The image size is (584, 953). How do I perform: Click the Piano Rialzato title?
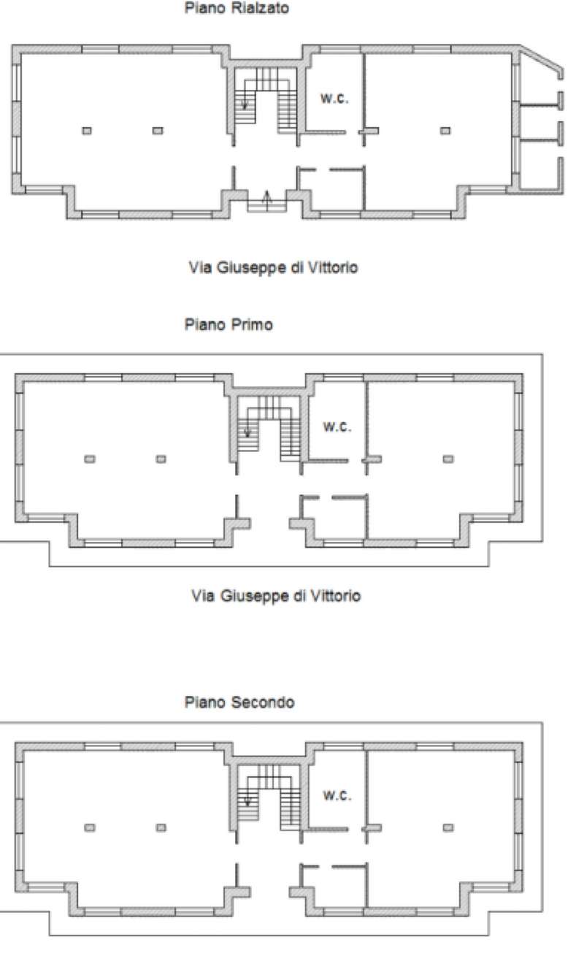(237, 7)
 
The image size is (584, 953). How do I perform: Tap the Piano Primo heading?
(228, 325)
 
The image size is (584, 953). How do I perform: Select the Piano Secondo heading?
(239, 702)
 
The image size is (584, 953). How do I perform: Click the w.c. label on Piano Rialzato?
(335, 99)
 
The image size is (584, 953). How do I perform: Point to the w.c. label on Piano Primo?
(337, 426)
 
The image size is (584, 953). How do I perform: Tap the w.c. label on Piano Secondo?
(337, 795)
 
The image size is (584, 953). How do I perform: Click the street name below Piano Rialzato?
(274, 267)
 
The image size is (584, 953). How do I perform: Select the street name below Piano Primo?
(276, 596)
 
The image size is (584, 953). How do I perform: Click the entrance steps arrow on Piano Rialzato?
(267, 200)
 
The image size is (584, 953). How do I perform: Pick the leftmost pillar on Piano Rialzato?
(87, 131)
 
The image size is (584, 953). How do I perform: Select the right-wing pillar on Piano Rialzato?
(445, 131)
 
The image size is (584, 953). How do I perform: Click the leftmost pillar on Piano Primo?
(90, 459)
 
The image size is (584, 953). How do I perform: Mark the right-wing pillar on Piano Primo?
(448, 459)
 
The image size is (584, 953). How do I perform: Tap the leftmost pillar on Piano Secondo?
(90, 827)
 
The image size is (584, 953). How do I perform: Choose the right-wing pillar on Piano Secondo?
(448, 827)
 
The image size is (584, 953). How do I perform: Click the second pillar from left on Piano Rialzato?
(158, 131)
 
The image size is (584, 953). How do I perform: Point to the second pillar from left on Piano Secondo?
(161, 827)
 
